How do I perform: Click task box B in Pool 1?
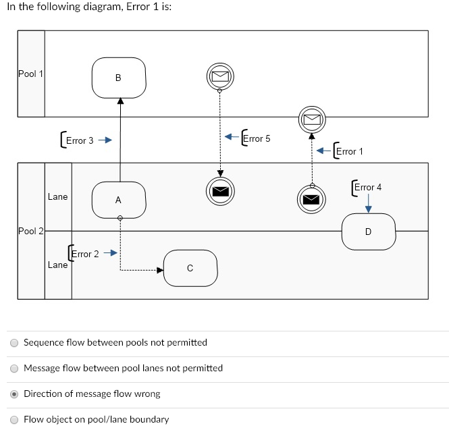click(x=119, y=78)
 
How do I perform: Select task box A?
click(x=119, y=200)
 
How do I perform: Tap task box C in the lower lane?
click(x=190, y=268)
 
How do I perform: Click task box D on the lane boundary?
click(x=368, y=232)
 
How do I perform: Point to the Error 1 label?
click(x=349, y=151)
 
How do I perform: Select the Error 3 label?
click(x=78, y=140)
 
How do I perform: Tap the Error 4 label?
click(x=367, y=187)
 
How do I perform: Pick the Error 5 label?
click(x=256, y=138)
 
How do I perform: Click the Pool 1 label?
click(x=30, y=74)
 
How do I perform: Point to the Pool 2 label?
click(x=30, y=232)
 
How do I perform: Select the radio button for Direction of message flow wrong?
click(x=14, y=394)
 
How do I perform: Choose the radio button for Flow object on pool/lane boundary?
click(x=14, y=419)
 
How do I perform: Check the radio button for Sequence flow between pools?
click(x=14, y=342)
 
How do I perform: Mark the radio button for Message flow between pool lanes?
click(x=14, y=368)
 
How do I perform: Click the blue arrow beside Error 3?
click(x=104, y=140)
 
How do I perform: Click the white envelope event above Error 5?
click(x=219, y=76)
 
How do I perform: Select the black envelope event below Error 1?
click(x=311, y=198)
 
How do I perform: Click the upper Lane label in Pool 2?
click(x=58, y=197)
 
